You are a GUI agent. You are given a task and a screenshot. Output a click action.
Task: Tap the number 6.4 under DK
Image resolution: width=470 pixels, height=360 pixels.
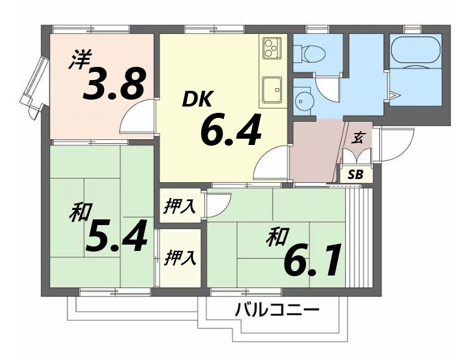click(x=230, y=129)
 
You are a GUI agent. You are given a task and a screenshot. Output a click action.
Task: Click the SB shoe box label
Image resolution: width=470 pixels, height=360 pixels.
click(x=356, y=175)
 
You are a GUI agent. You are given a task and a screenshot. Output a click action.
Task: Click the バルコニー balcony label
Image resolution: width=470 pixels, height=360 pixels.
click(x=278, y=310)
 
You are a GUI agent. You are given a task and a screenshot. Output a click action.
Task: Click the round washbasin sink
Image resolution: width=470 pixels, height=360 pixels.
click(x=305, y=102)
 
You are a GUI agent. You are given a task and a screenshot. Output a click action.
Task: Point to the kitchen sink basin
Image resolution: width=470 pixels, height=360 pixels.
click(x=273, y=88)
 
